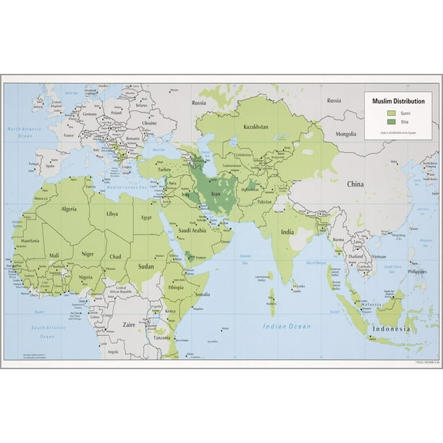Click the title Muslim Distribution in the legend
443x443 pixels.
[x=398, y=102]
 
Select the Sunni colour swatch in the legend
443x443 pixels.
[x=391, y=114]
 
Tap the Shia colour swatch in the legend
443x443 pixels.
[x=391, y=123]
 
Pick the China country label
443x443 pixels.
[x=356, y=184]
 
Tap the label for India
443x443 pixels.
[x=287, y=232]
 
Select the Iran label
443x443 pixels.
[x=215, y=195]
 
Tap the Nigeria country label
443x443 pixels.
[x=86, y=277]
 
